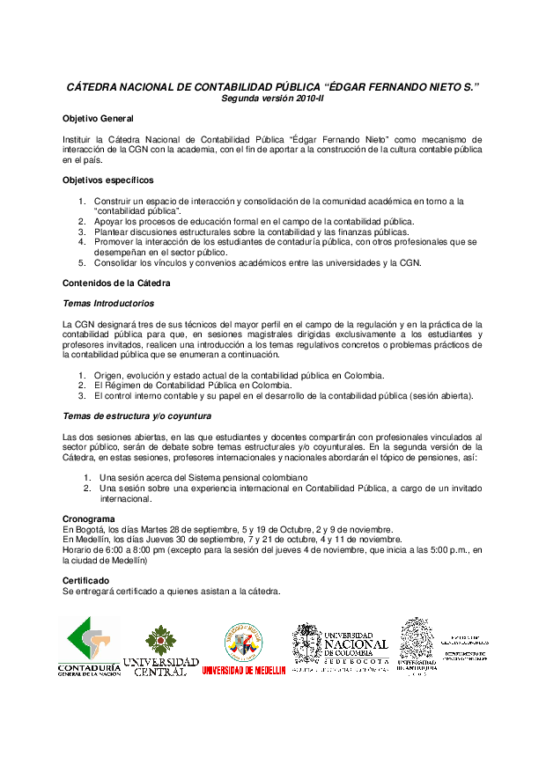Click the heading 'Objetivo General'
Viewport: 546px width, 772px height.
click(x=98, y=118)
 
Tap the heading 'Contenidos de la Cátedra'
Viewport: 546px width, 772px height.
click(x=116, y=283)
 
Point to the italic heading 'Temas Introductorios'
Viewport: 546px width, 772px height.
click(x=108, y=303)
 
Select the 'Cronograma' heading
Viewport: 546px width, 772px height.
click(x=89, y=519)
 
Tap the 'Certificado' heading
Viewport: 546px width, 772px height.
click(x=86, y=581)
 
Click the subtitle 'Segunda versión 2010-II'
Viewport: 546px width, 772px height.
click(x=273, y=99)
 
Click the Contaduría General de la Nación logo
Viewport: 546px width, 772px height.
click(x=88, y=646)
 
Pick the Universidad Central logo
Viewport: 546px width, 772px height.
click(x=160, y=650)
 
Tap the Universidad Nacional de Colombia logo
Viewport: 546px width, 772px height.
click(x=340, y=648)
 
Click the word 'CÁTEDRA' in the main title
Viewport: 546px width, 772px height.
click(x=99, y=87)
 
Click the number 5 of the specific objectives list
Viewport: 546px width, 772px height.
click(x=82, y=262)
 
